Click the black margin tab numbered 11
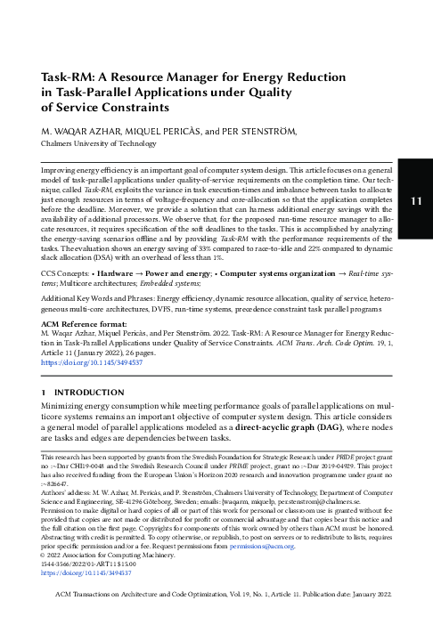coord(415,201)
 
